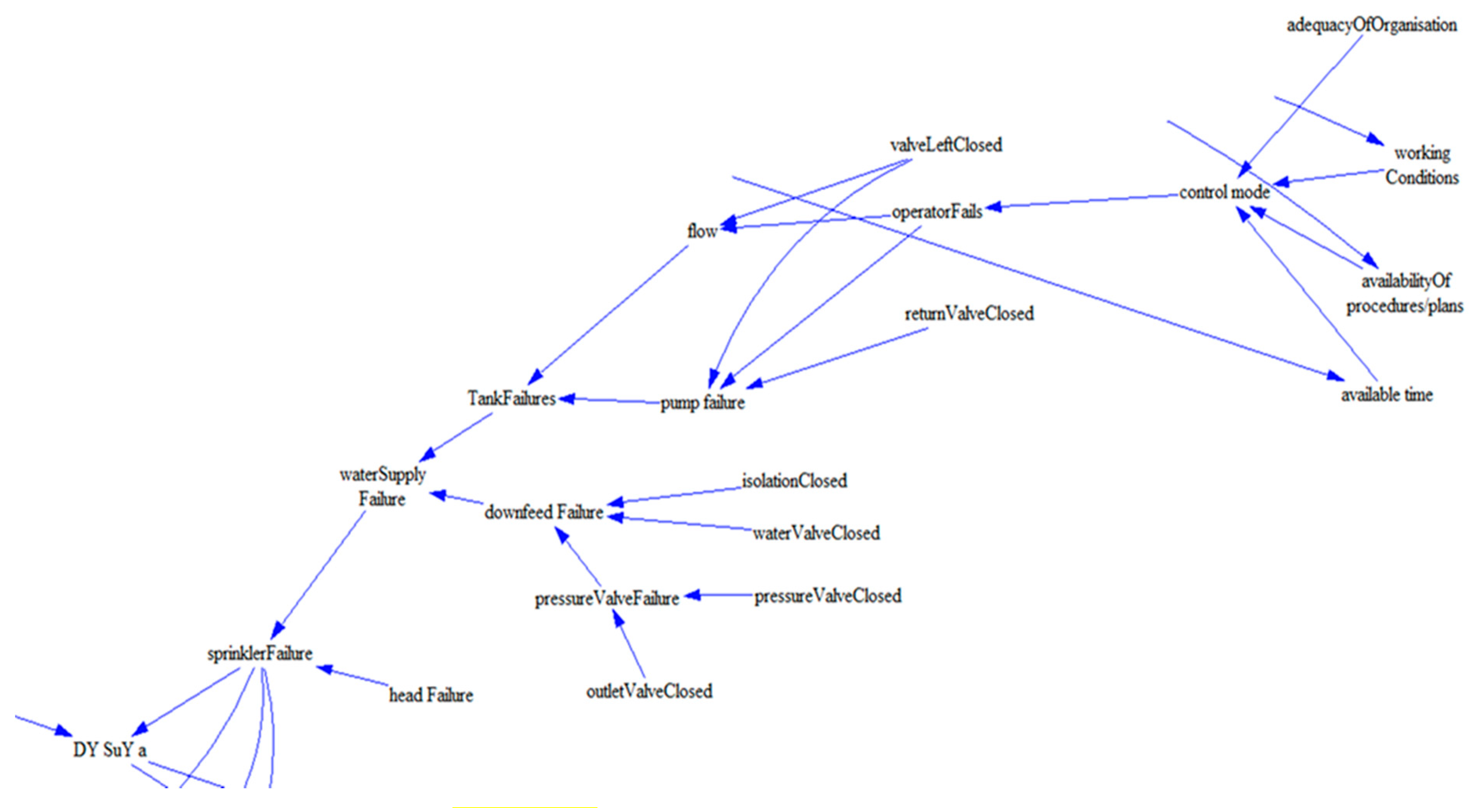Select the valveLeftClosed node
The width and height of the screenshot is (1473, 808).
(x=946, y=145)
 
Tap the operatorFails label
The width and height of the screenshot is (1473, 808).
(x=937, y=212)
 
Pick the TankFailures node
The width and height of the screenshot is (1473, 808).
(x=511, y=398)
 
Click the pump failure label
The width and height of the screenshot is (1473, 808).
(x=702, y=403)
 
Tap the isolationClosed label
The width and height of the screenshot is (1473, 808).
(x=794, y=481)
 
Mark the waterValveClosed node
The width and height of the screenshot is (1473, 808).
(x=816, y=533)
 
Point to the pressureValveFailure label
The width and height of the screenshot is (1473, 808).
(x=607, y=599)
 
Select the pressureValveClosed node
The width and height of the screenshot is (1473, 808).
(x=828, y=596)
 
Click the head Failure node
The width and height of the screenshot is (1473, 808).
(x=431, y=695)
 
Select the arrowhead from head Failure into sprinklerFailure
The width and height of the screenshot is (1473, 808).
(x=324, y=668)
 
